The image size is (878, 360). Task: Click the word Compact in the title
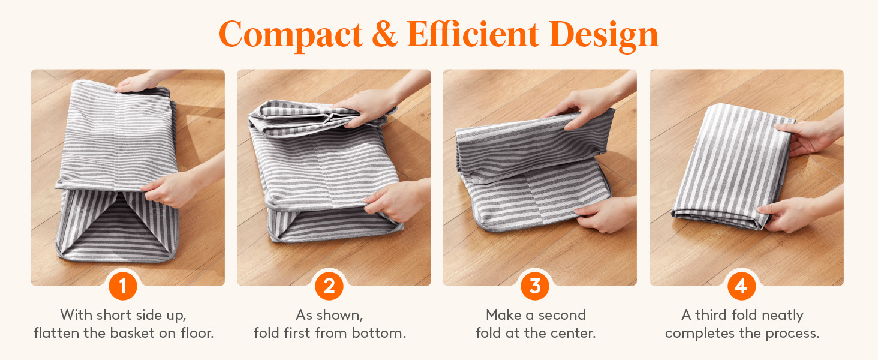[x=291, y=35]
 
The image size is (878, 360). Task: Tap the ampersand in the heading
[x=385, y=34]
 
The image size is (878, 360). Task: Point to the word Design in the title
[x=603, y=36]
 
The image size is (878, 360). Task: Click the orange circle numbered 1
[x=123, y=286]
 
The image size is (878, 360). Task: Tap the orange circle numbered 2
[x=329, y=286]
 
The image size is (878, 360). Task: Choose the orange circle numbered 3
[x=535, y=286]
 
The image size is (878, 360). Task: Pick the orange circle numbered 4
[x=742, y=286]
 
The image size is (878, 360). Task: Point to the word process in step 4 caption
[x=792, y=334]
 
